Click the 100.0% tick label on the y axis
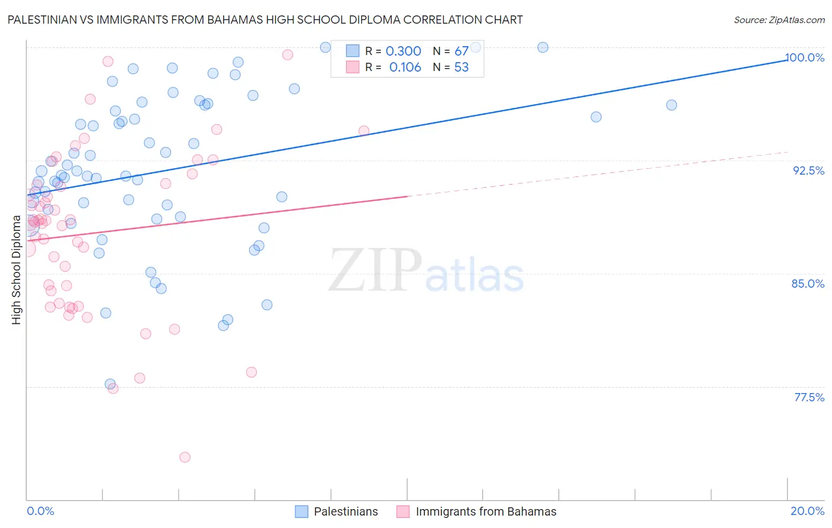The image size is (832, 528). (x=805, y=57)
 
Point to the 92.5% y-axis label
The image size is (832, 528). (x=808, y=170)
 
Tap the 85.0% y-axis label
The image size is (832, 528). (x=808, y=284)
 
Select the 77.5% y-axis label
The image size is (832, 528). (x=809, y=397)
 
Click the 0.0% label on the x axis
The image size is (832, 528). (x=40, y=511)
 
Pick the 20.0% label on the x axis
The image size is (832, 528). (x=807, y=511)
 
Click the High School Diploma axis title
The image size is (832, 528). (x=17, y=270)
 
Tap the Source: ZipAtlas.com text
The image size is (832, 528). (x=779, y=20)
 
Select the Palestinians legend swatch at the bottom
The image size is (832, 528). (x=302, y=511)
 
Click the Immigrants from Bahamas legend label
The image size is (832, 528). (x=486, y=511)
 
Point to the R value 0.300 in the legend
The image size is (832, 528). (x=404, y=51)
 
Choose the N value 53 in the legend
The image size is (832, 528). (x=461, y=67)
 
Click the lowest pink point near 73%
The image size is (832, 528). (x=185, y=457)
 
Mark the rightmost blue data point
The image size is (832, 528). (x=671, y=105)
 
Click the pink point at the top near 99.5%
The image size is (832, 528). (x=288, y=55)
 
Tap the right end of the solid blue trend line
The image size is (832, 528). (x=786, y=60)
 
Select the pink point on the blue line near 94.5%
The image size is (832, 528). (x=364, y=131)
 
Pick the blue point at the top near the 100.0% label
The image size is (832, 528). (x=543, y=47)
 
